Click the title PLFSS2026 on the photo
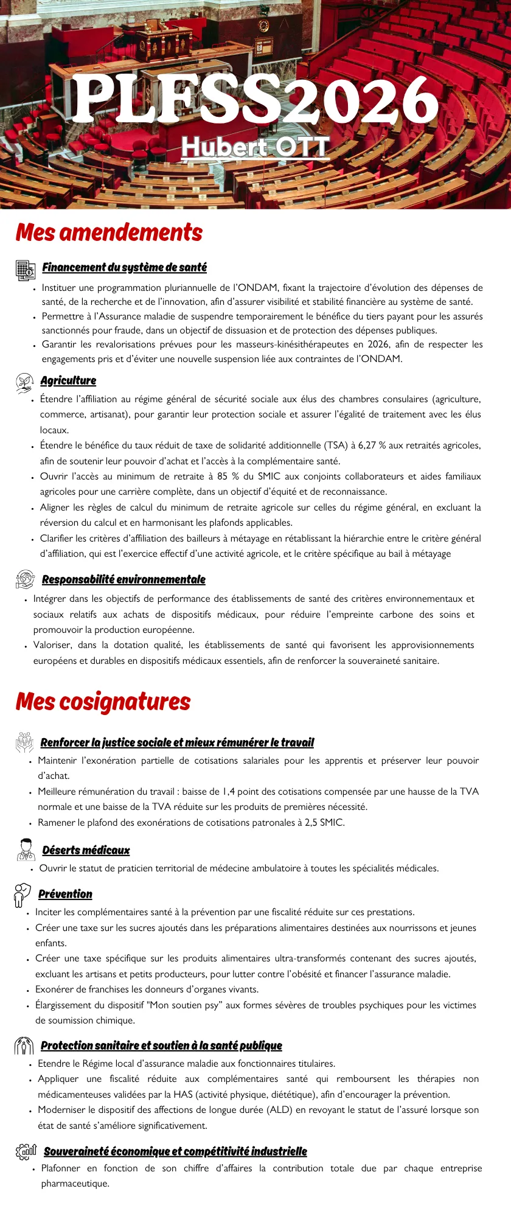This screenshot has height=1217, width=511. coord(255,100)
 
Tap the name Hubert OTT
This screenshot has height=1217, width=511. coord(255,147)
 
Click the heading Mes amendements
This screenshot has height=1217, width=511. coord(109,232)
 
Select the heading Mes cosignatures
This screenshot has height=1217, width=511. coord(103,702)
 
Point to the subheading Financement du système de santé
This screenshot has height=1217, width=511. coord(125,268)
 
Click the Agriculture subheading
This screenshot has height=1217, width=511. coord(68,381)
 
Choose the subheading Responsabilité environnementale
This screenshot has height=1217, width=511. coord(123,580)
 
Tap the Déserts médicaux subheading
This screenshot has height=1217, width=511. coord(86,851)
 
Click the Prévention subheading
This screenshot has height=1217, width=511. coord(65,894)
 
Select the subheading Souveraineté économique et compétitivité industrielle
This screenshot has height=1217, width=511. coord(175,1152)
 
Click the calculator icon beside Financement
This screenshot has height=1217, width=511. coord(26,269)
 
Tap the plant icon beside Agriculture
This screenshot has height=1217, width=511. coord(24,382)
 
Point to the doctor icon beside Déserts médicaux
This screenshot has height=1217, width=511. coord(26,849)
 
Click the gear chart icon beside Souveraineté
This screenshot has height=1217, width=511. coord(26,1151)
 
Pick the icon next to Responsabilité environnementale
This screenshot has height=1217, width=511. coord(26,579)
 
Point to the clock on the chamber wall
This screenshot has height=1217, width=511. coord(263,26)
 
